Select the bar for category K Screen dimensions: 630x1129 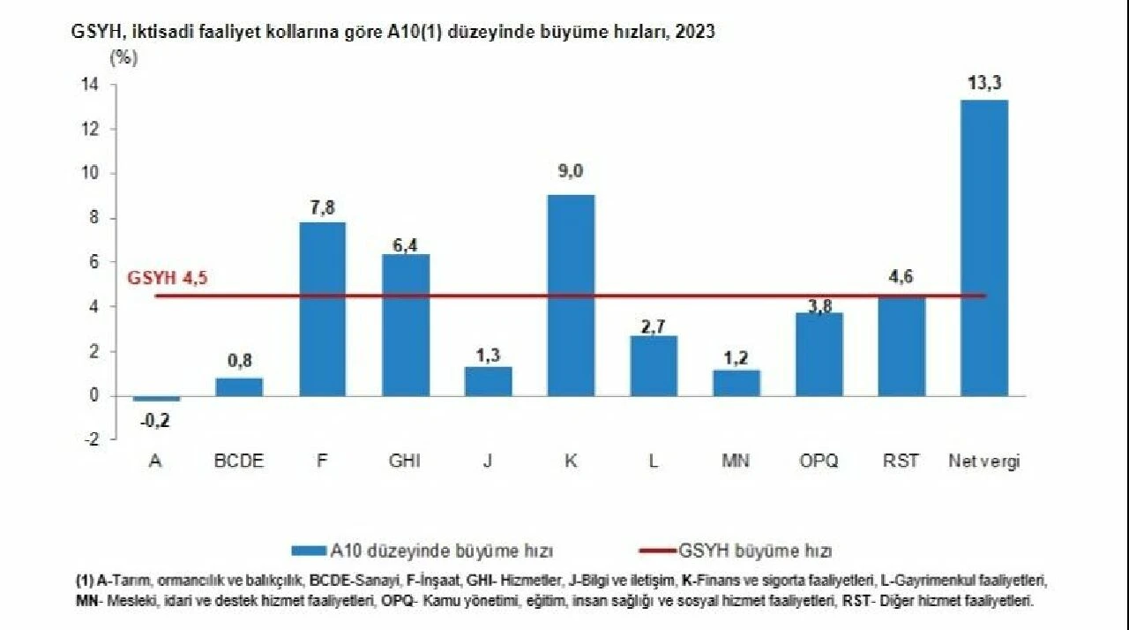[x=571, y=295]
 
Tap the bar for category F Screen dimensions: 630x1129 [x=323, y=309]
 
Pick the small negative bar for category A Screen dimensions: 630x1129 [x=157, y=399]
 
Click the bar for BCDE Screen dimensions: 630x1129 [x=239, y=386]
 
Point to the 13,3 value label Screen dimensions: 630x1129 [x=984, y=84]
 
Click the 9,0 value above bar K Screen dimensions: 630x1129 [x=571, y=171]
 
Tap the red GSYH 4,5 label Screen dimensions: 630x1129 [x=168, y=278]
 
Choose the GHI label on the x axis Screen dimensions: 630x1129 [x=405, y=461]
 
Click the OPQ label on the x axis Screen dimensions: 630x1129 [x=819, y=461]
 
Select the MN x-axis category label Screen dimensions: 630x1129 [x=736, y=461]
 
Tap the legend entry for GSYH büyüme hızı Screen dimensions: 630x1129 [x=755, y=551]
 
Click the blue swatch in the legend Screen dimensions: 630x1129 [x=309, y=551]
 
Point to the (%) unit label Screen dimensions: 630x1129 [x=124, y=58]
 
